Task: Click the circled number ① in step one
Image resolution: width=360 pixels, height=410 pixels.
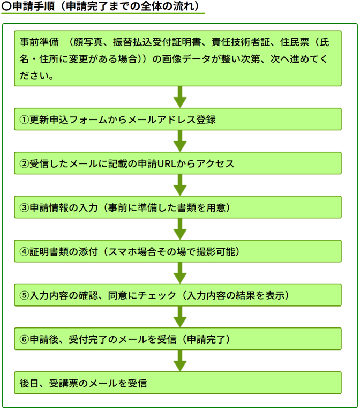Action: [x=24, y=120]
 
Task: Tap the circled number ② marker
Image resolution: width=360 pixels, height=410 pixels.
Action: [x=24, y=163]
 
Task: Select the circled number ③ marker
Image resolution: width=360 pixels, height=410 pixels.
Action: [x=24, y=207]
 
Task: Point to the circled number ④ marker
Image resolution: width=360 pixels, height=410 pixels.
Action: [x=24, y=251]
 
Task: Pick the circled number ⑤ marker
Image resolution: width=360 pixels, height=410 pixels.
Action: [x=24, y=295]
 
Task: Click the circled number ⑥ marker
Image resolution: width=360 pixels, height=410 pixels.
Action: [x=24, y=339]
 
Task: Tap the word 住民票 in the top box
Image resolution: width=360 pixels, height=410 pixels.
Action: [x=295, y=42]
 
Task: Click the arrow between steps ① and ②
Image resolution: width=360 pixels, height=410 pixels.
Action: [x=180, y=141]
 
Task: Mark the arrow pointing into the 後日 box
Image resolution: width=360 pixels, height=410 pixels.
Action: [x=180, y=361]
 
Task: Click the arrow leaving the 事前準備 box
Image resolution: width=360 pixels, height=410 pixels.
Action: [x=180, y=97]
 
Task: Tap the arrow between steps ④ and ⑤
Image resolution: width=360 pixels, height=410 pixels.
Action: [x=180, y=273]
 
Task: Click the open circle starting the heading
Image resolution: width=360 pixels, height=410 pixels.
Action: [x=6, y=6]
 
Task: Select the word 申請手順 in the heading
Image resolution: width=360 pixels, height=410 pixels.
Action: [x=33, y=6]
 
